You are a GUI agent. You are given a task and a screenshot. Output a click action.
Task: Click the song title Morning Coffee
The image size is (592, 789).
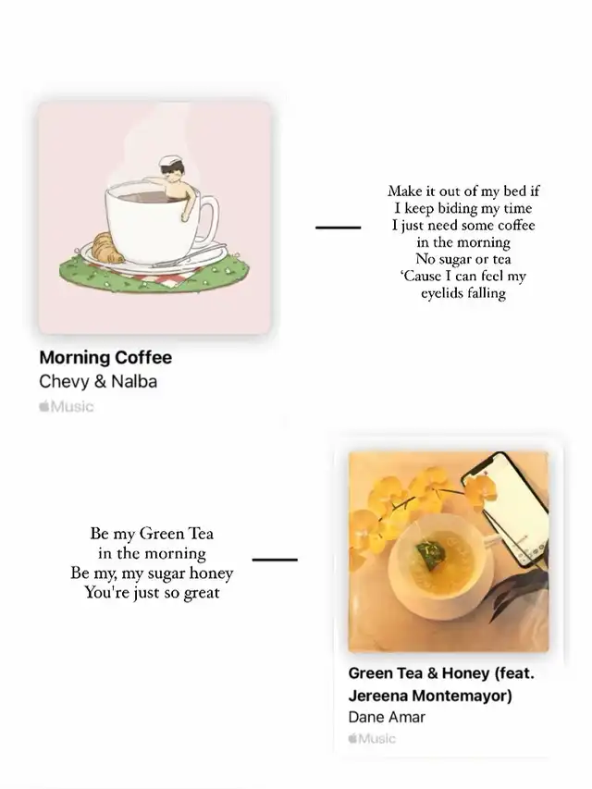(x=105, y=357)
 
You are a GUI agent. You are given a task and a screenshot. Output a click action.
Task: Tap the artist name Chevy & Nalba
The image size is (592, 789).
(x=98, y=381)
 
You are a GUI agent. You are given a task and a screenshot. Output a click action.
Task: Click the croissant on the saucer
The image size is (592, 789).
(x=108, y=248)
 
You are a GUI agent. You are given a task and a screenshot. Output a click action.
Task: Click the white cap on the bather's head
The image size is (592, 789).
(x=169, y=162)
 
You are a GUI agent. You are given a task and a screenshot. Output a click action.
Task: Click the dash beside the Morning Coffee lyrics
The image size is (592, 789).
(x=339, y=228)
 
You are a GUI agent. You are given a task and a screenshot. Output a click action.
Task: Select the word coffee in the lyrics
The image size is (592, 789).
(x=514, y=225)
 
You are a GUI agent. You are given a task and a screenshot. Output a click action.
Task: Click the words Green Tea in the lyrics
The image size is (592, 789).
(x=177, y=534)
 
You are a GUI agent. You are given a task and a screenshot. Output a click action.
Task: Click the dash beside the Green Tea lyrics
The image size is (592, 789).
(x=275, y=560)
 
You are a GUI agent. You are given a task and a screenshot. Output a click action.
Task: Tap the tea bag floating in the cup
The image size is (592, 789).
(x=429, y=555)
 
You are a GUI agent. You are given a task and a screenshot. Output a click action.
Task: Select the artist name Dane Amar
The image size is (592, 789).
(x=387, y=717)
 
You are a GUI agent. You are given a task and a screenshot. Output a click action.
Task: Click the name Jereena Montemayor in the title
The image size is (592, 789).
(x=430, y=696)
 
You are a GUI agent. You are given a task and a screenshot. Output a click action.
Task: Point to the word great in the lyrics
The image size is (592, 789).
(x=202, y=593)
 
